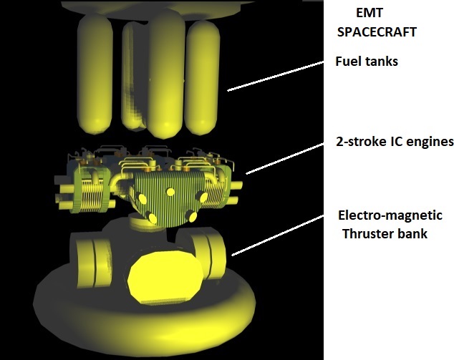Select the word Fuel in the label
coord(349,62)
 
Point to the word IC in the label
coord(401,142)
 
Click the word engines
coord(433,142)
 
